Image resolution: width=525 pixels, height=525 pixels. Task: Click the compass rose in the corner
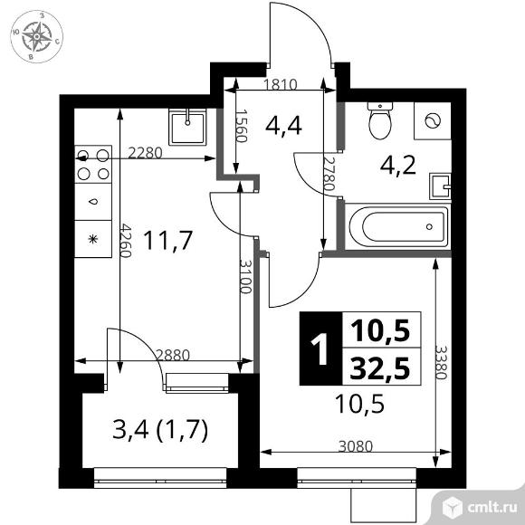37,36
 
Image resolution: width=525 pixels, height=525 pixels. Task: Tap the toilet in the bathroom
379,121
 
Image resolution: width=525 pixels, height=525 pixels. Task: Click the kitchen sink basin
187,128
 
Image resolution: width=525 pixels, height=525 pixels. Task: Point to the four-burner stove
93,164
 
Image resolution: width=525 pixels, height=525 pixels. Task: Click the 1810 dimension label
281,84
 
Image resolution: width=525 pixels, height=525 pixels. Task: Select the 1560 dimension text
242,126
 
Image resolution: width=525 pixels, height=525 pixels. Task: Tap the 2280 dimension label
146,153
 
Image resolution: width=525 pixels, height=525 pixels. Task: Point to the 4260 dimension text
125,241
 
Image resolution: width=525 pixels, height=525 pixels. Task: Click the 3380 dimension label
442,362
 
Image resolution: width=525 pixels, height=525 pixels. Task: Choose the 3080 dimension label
356,446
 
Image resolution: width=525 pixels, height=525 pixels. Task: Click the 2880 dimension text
173,355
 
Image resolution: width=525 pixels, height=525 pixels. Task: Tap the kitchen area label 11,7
168,241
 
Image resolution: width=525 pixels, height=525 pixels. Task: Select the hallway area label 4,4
283,126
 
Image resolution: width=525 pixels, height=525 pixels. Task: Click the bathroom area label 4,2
398,165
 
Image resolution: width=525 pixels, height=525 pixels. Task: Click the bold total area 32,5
381,367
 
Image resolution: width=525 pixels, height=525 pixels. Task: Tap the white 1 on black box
321,348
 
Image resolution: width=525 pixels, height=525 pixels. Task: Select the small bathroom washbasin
440,186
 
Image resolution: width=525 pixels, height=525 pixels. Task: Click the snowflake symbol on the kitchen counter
93,239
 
